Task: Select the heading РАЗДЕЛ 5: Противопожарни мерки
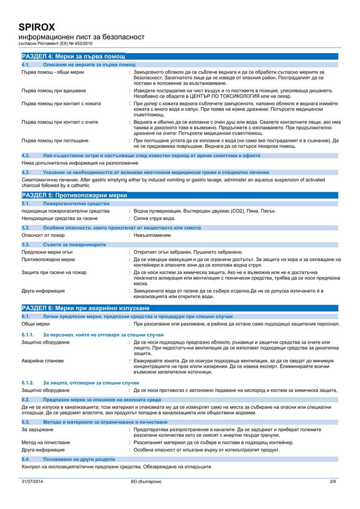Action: click(x=74, y=194)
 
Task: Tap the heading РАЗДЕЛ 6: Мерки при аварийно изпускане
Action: click(x=85, y=308)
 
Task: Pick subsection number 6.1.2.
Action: click(x=28, y=383)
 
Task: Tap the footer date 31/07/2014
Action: click(x=33, y=481)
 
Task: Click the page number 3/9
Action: click(x=331, y=481)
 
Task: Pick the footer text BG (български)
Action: click(x=146, y=481)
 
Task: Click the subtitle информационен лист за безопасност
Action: click(x=82, y=37)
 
